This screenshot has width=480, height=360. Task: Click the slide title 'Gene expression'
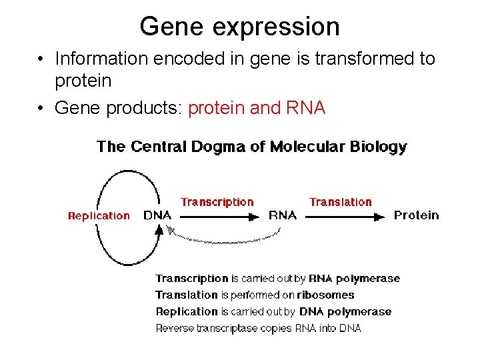tap(239, 27)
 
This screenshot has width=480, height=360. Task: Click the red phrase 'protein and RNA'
tap(257, 108)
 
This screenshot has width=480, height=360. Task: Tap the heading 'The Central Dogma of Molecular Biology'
tap(251, 147)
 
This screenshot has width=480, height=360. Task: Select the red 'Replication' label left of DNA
tap(99, 215)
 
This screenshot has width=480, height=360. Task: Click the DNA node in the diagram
tap(158, 215)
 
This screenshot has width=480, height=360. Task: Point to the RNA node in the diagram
tap(282, 215)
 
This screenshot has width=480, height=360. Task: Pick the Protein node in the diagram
tap(416, 215)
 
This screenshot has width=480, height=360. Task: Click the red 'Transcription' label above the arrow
tap(217, 202)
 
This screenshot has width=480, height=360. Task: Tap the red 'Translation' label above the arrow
tap(340, 202)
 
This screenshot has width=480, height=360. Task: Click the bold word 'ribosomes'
tap(327, 295)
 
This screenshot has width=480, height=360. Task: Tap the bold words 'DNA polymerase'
tap(345, 311)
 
